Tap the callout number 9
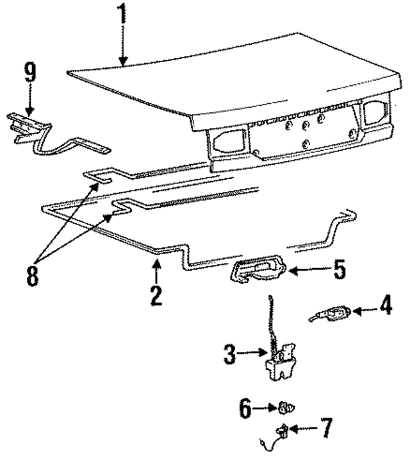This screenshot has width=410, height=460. (x=29, y=72)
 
